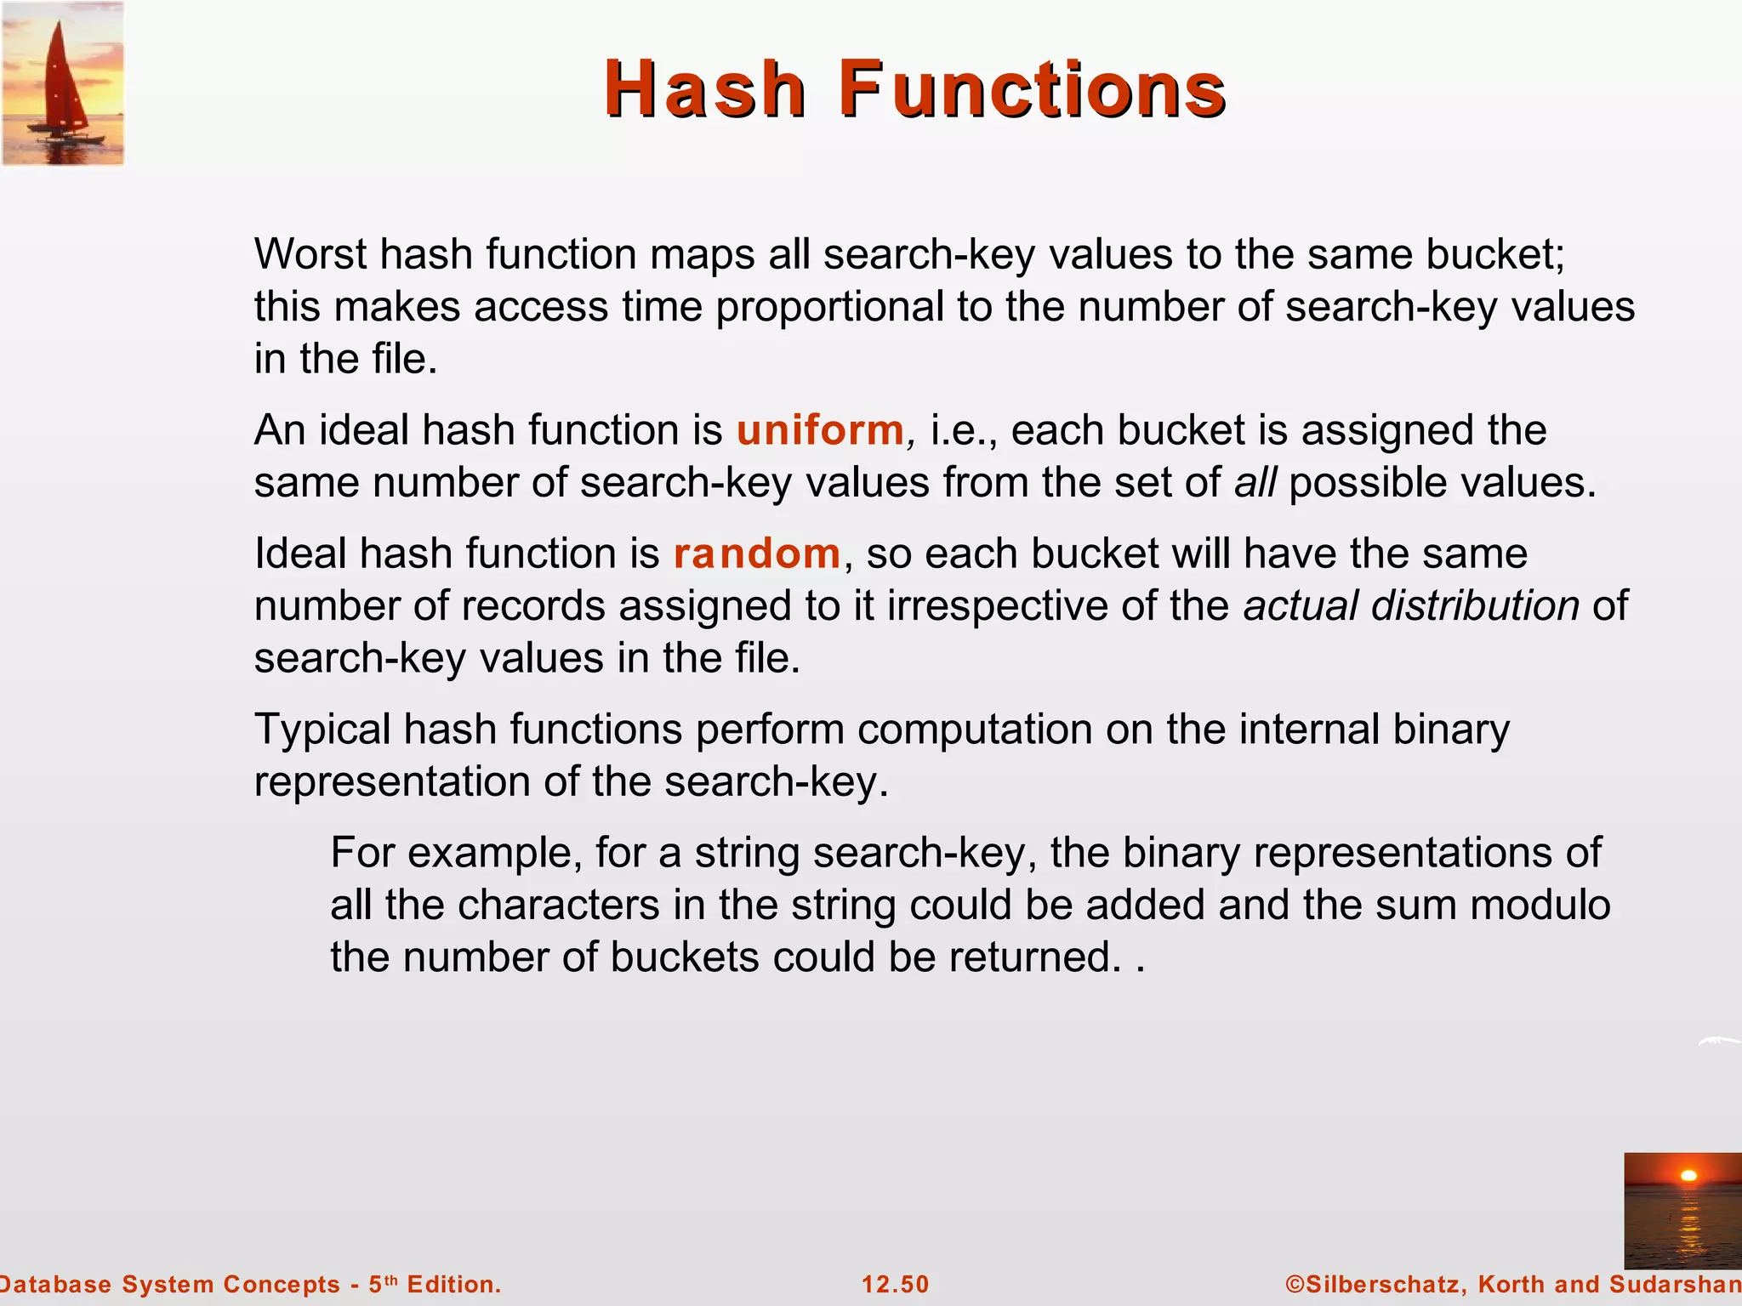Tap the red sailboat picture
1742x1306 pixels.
tap(63, 83)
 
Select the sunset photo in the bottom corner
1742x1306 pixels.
tap(1682, 1210)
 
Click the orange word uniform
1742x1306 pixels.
tap(820, 429)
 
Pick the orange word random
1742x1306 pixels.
tap(757, 554)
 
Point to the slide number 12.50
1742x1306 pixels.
tap(896, 1284)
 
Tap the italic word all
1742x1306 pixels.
tap(1255, 482)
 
